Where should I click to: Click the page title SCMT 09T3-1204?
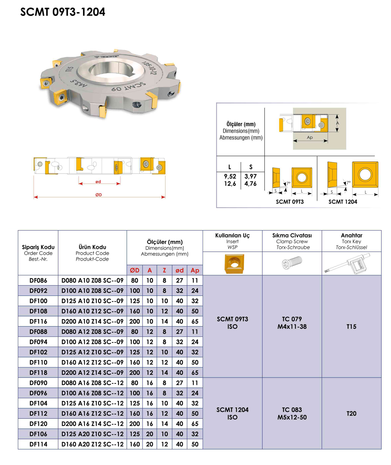[x=63, y=12]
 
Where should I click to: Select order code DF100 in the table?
[x=38, y=301]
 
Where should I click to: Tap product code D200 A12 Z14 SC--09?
[x=92, y=372]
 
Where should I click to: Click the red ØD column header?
[x=135, y=270]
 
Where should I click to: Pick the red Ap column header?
[x=195, y=270]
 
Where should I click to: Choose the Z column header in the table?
[x=164, y=270]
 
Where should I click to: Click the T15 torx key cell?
[x=351, y=326]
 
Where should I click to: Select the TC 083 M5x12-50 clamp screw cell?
[x=292, y=413]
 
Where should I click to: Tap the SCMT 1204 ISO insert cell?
[x=232, y=413]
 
